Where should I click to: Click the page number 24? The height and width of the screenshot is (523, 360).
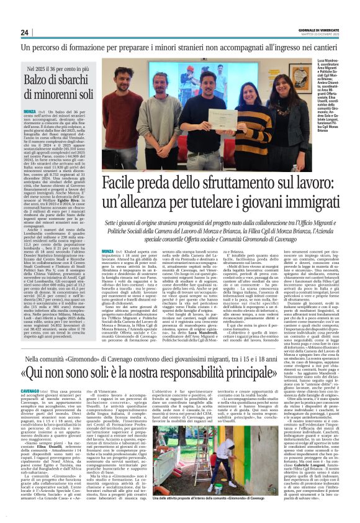(24, 32)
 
